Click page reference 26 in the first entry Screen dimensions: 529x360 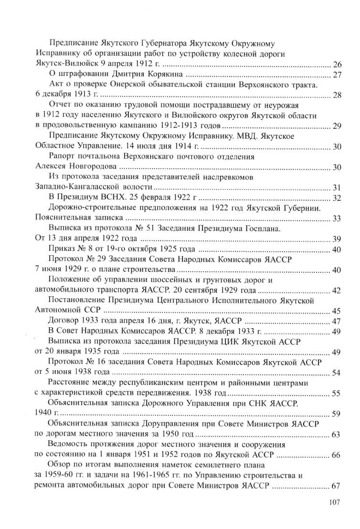[337, 64]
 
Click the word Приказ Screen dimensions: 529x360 [63, 249]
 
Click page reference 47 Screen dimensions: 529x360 [337, 322]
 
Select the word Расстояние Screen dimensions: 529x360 [72, 384]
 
